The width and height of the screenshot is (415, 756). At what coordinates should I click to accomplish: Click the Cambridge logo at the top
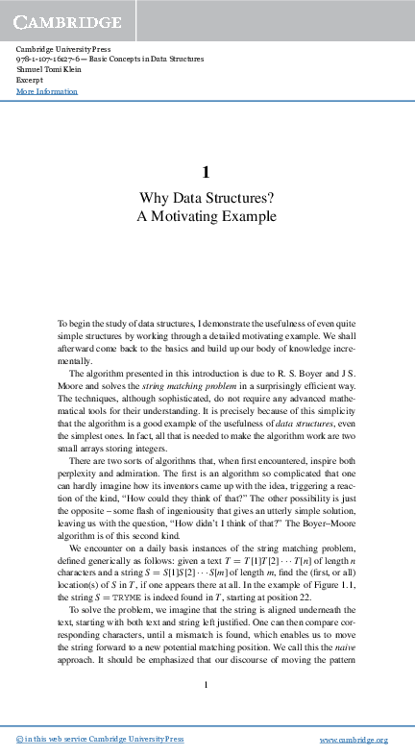(66, 21)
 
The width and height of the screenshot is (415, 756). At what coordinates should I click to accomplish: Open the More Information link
(47, 91)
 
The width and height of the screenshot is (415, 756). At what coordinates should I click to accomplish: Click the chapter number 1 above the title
(207, 173)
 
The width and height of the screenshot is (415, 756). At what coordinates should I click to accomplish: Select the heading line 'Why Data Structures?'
(207, 199)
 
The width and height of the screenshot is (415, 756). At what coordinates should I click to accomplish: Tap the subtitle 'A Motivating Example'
(207, 217)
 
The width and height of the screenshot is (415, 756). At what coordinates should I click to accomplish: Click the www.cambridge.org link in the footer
(353, 739)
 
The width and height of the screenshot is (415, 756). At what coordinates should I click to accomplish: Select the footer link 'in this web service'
(59, 739)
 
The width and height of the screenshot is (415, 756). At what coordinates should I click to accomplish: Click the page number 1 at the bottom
(207, 684)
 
